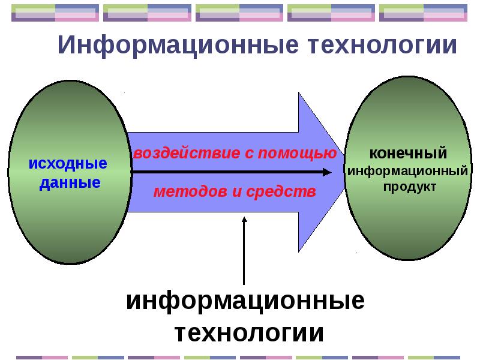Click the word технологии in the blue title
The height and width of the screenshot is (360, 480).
click(382, 44)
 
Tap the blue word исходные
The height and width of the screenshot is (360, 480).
click(68, 163)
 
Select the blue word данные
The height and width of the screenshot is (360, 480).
click(70, 183)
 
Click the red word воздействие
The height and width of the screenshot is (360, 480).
click(187, 153)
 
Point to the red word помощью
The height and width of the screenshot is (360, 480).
click(298, 153)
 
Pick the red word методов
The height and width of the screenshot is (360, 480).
click(190, 192)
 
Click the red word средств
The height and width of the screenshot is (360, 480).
click(281, 192)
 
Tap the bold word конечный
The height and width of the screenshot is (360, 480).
click(408, 154)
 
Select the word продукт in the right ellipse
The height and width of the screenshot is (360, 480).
click(410, 187)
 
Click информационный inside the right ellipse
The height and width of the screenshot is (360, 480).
click(408, 171)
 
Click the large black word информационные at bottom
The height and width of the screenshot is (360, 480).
click(245, 301)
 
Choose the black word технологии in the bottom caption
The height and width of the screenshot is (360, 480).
click(249, 333)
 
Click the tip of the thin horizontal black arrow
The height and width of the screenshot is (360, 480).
click(332, 172)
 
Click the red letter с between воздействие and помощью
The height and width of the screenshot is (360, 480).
click(249, 154)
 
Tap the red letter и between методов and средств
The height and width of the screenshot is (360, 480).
click(236, 192)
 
